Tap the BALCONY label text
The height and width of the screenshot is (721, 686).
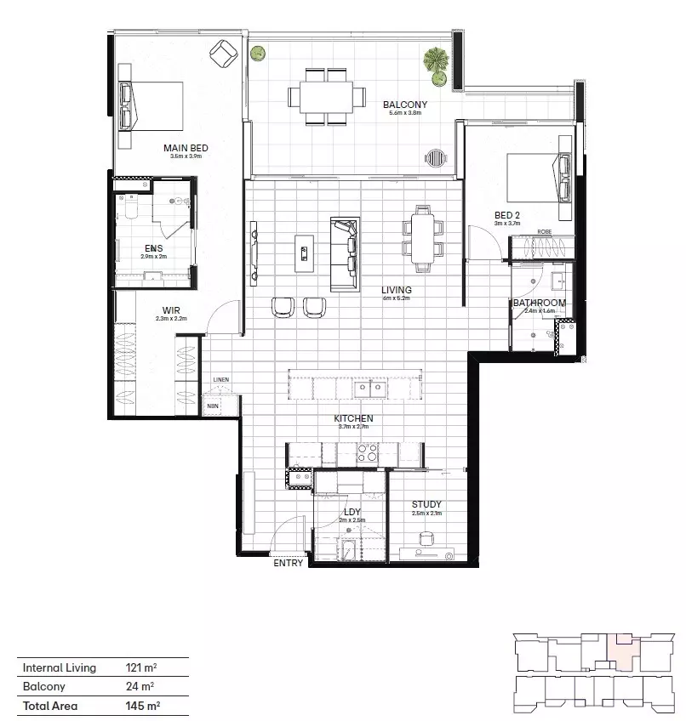tap(404, 105)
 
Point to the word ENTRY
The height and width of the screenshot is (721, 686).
tap(288, 563)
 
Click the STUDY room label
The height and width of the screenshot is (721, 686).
tap(426, 504)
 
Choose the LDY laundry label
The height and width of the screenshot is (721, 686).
tap(352, 512)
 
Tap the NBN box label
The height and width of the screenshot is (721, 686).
tap(212, 406)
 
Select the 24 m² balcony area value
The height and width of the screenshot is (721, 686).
tap(140, 687)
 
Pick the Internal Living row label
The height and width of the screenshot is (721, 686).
tap(60, 668)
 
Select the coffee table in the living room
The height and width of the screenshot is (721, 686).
tap(304, 253)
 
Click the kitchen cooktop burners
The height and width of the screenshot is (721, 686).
tap(367, 454)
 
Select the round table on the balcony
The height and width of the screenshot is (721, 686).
tap(435, 157)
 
